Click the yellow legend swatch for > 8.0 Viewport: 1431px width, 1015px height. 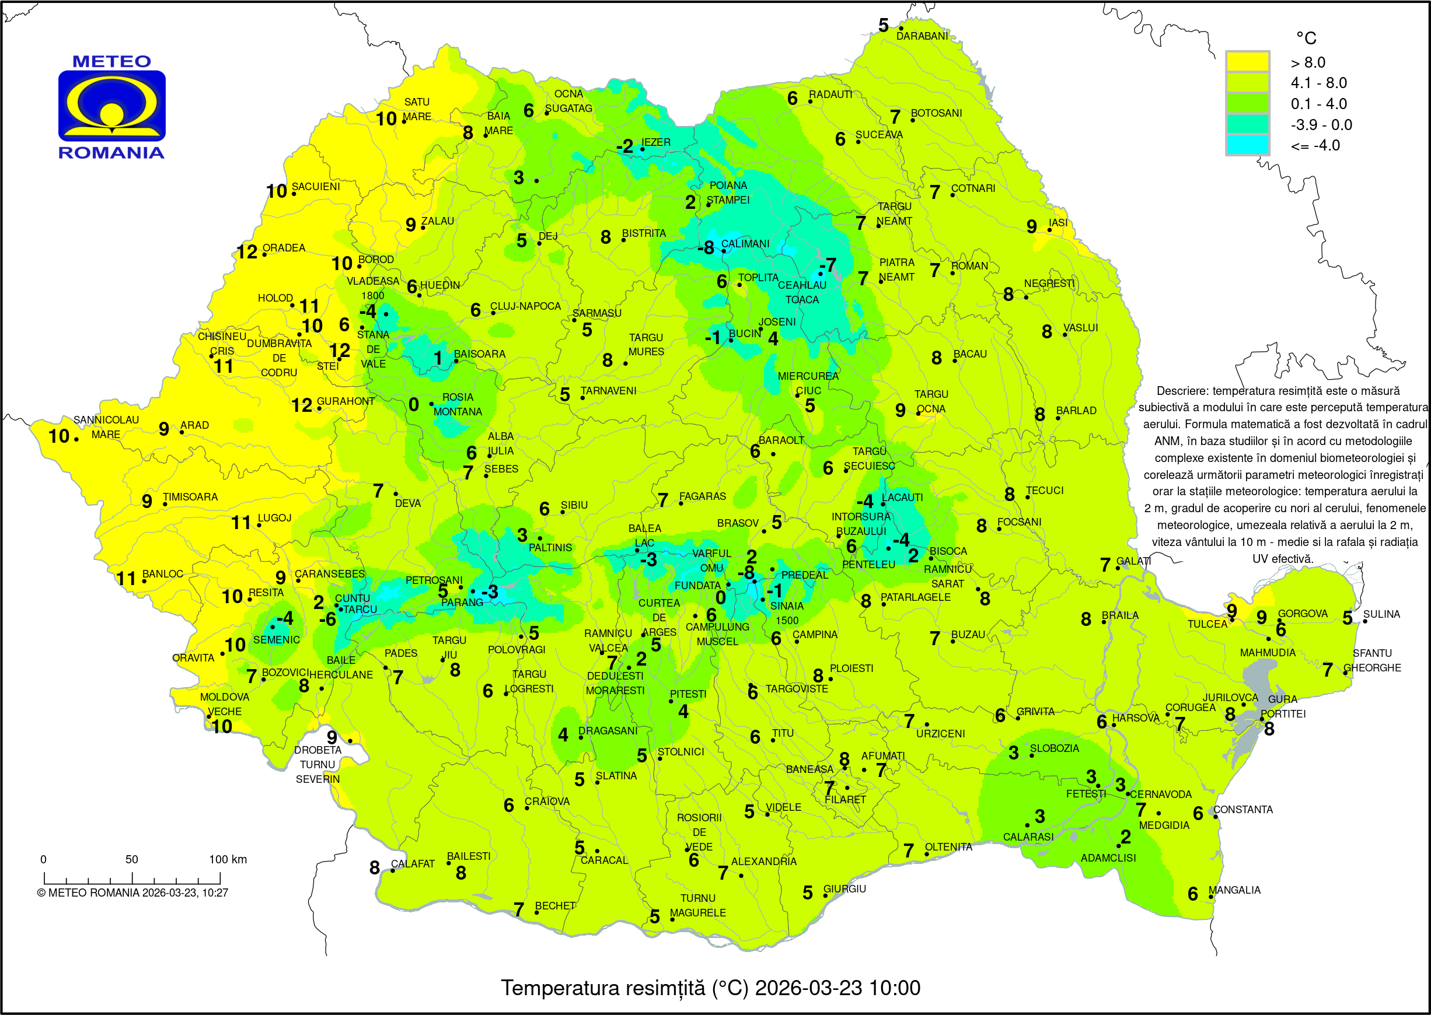pyautogui.click(x=1247, y=62)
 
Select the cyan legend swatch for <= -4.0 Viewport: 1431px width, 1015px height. pyautogui.click(x=1247, y=145)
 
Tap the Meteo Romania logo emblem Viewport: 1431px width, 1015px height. pyautogui.click(x=112, y=106)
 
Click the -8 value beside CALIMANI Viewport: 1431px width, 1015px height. pyautogui.click(x=705, y=248)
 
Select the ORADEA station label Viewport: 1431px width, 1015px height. pyautogui.click(x=283, y=247)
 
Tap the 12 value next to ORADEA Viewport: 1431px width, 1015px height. pyautogui.click(x=246, y=252)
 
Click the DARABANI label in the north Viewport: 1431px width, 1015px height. pyautogui.click(x=922, y=36)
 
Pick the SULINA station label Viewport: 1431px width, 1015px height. pyautogui.click(x=1381, y=614)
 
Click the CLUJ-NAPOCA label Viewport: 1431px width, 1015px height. pyautogui.click(x=525, y=306)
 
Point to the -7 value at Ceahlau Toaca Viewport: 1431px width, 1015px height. pyautogui.click(x=827, y=265)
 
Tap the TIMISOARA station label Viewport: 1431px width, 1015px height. pyautogui.click(x=190, y=496)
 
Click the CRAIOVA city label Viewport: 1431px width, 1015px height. pyautogui.click(x=546, y=801)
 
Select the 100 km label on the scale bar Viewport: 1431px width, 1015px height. pyautogui.click(x=228, y=859)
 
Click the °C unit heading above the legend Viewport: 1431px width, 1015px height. pyautogui.click(x=1306, y=38)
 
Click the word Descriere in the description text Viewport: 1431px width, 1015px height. pyautogui.click(x=1182, y=391)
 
